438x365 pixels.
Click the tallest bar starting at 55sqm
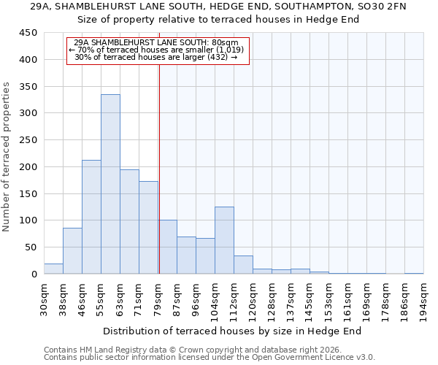tap(110, 184)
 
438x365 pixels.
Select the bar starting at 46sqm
tap(91, 217)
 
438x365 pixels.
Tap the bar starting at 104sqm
tap(224, 240)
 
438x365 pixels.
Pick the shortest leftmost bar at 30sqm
tap(53, 269)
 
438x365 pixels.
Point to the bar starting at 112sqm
tap(243, 265)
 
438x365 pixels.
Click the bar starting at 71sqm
tap(148, 228)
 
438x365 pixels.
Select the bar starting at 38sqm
tap(72, 251)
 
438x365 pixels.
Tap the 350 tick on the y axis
tap(29, 86)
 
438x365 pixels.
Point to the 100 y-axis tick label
tap(29, 220)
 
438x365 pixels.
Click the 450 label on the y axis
tap(29, 33)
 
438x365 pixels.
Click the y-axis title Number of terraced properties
tap(7, 157)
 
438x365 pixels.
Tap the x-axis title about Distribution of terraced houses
tap(233, 331)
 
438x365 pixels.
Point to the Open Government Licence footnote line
tap(210, 358)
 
